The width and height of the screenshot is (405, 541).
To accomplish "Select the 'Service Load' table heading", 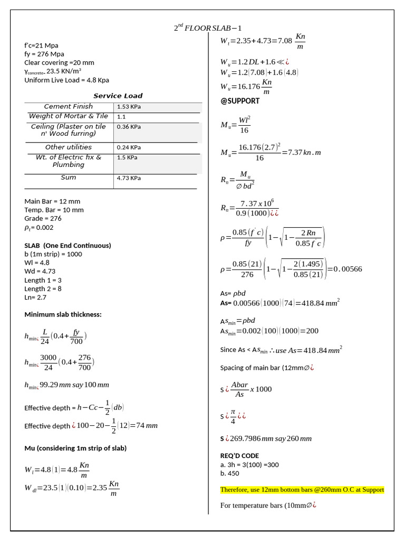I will coord(118,96).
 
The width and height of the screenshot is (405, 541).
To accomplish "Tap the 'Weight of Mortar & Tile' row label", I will coord(68,116).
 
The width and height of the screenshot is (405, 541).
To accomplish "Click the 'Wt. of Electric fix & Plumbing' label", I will coord(68,161).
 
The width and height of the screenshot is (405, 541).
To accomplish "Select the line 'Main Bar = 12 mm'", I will coord(52,201).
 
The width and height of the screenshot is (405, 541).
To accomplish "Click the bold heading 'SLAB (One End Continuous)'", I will coord(67,246).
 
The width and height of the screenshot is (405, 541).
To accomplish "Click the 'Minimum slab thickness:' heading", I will coord(63,314).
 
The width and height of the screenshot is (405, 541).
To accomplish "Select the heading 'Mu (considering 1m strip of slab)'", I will coord(75,448).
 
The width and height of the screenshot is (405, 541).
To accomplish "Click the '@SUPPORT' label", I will coord(240,100).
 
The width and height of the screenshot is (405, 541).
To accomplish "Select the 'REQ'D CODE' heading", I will coord(239,455).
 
